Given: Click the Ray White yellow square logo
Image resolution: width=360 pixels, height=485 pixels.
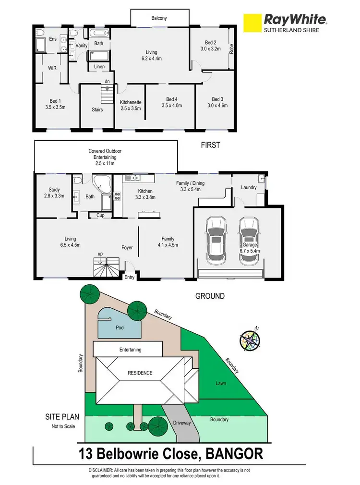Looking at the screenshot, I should [x=252, y=23].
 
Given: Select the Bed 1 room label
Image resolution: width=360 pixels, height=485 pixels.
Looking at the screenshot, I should [x=55, y=101].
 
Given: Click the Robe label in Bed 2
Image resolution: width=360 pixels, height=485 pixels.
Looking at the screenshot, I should [x=231, y=49].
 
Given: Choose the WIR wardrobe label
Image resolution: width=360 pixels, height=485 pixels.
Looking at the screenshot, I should [x=53, y=69].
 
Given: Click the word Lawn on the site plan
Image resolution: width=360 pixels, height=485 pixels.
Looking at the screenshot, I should [x=221, y=383].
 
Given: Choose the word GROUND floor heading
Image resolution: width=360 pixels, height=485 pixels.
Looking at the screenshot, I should [x=210, y=296].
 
